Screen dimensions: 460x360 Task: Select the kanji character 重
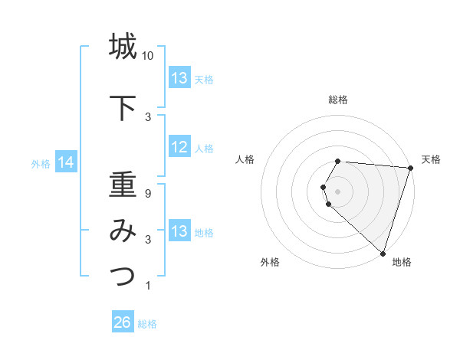point(123,185)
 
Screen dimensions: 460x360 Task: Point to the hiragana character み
point(123,230)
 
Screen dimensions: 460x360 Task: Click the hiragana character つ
point(123,275)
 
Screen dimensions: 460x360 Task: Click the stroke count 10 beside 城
point(148,57)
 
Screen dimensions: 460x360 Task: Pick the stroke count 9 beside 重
point(148,194)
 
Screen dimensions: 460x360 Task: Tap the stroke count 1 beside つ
point(148,286)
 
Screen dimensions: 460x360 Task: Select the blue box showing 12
point(179,147)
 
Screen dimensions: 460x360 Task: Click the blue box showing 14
point(66,162)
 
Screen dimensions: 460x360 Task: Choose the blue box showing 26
point(123,322)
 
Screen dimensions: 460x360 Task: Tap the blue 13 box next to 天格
point(179,78)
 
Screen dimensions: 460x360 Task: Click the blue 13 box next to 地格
point(179,231)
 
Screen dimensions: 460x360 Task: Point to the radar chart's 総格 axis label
point(338,100)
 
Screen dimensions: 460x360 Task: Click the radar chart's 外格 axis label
point(270,262)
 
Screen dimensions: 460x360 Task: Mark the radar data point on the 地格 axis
point(383,253)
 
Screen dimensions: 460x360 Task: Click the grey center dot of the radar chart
point(338,191)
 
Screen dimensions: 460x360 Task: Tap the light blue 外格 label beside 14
point(40,163)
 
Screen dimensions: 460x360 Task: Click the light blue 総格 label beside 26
point(147,324)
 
